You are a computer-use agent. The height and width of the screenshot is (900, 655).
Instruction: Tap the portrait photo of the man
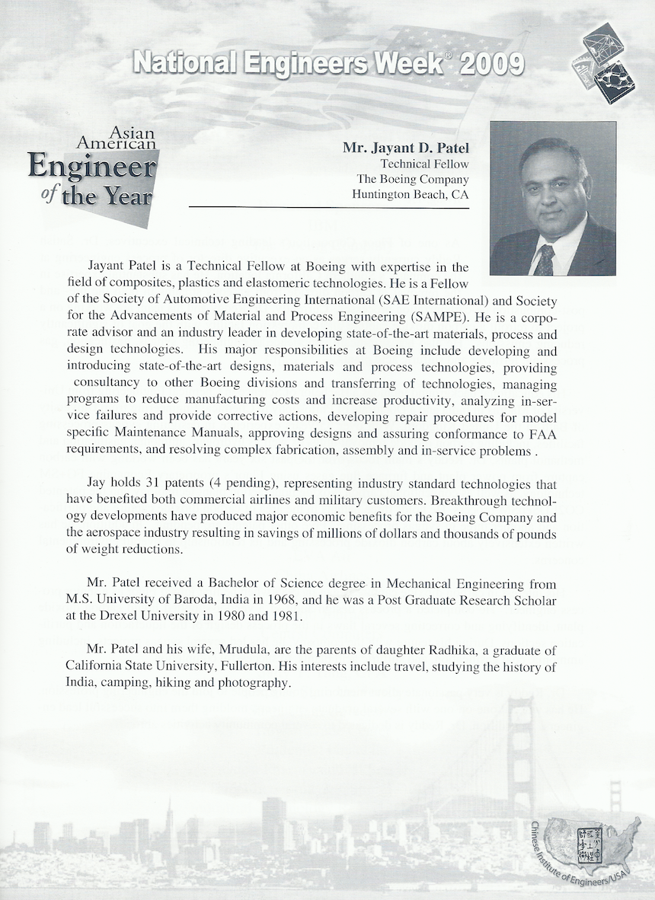tap(552, 198)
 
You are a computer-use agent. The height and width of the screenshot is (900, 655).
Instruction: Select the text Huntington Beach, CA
tap(411, 194)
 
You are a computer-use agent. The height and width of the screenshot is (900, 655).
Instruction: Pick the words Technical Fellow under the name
tap(424, 163)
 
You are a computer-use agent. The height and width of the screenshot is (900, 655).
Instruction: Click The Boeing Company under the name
tap(413, 179)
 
